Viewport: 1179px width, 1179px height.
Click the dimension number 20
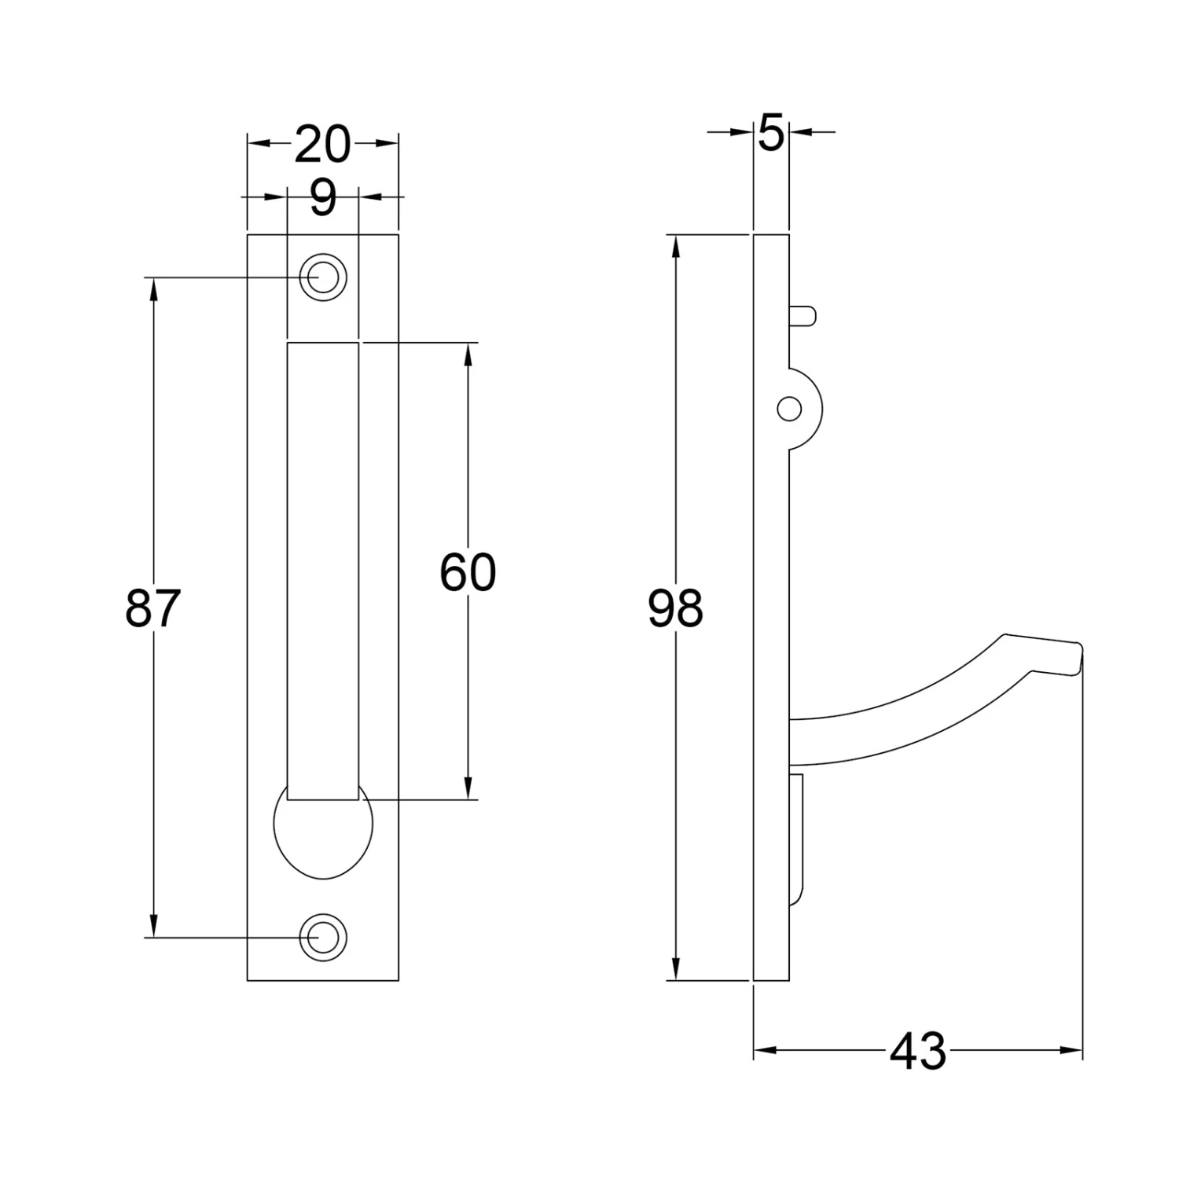pos(322,145)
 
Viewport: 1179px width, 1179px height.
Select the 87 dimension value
pos(153,608)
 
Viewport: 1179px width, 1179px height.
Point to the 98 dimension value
pos(675,609)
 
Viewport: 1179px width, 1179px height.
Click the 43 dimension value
pos(918,1051)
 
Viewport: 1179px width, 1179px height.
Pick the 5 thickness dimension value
pos(771,134)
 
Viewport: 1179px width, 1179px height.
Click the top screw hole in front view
pos(323,277)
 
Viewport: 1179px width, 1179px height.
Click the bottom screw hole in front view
pos(323,938)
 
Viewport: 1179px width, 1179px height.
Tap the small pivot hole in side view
pos(789,409)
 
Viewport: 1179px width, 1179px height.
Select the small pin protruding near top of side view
pos(804,316)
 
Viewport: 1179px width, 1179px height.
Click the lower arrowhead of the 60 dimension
pos(468,788)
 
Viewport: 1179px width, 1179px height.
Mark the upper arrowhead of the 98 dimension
pos(675,245)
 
